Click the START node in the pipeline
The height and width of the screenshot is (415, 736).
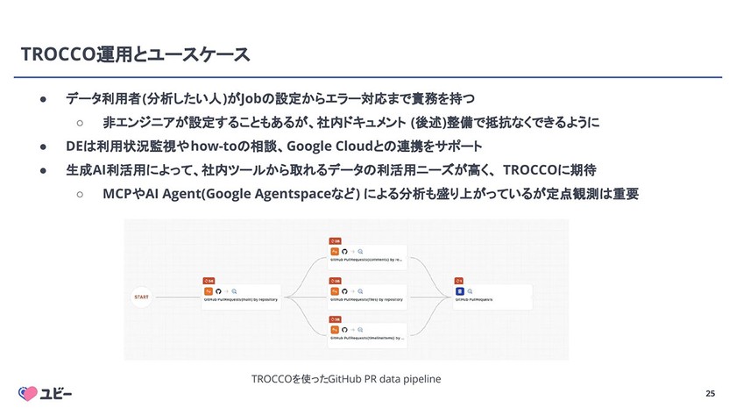(140, 297)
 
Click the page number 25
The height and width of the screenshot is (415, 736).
(710, 394)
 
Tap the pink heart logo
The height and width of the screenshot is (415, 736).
(30, 393)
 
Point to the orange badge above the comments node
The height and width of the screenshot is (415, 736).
(334, 240)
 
